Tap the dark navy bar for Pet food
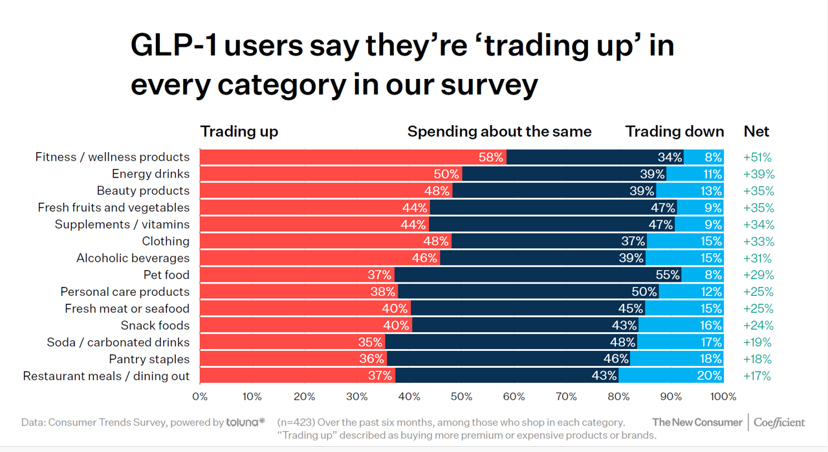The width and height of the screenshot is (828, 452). pyautogui.click(x=537, y=275)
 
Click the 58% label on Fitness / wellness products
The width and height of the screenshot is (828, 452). pyautogui.click(x=491, y=157)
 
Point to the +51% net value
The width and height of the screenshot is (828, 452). pyautogui.click(x=757, y=157)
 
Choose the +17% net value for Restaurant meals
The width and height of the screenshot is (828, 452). pyautogui.click(x=757, y=376)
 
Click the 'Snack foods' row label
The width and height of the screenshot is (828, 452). pyautogui.click(x=155, y=326)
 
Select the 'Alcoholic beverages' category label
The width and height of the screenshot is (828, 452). pyautogui.click(x=133, y=258)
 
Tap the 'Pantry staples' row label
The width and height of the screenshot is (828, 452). pyautogui.click(x=149, y=359)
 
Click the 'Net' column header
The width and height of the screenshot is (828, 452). pyautogui.click(x=756, y=131)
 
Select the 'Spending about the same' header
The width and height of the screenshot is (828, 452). pyautogui.click(x=499, y=131)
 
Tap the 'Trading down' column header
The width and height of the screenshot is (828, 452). pyautogui.click(x=675, y=131)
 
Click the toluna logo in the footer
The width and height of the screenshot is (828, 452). pyautogui.click(x=246, y=422)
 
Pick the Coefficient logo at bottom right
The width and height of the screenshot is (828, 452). pyautogui.click(x=779, y=422)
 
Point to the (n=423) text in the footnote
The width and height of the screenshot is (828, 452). pyautogui.click(x=298, y=422)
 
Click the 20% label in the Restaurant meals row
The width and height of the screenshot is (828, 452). pyautogui.click(x=709, y=376)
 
